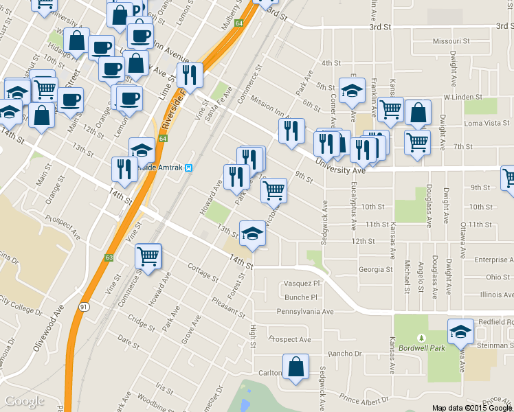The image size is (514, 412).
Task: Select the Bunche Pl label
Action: tap(303, 298)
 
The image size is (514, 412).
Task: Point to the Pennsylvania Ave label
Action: tap(304, 312)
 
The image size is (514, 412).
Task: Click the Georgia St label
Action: tap(375, 270)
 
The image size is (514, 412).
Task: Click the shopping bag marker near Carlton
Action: tap(295, 367)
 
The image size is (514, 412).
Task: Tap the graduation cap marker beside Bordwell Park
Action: tap(460, 332)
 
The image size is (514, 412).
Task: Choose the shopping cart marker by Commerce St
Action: tap(148, 255)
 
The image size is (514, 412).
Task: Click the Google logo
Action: tap(24, 401)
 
